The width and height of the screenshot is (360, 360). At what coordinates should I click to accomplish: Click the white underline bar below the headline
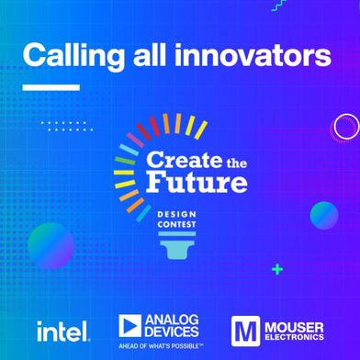[51, 88]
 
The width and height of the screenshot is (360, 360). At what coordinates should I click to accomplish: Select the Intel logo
[62, 328]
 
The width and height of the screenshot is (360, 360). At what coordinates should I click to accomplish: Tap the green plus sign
[276, 269]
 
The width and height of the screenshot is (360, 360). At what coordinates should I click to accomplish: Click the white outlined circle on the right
[345, 127]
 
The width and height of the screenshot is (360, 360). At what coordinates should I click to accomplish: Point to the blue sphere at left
[51, 244]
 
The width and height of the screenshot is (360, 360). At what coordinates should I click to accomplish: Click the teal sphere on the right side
[323, 215]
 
